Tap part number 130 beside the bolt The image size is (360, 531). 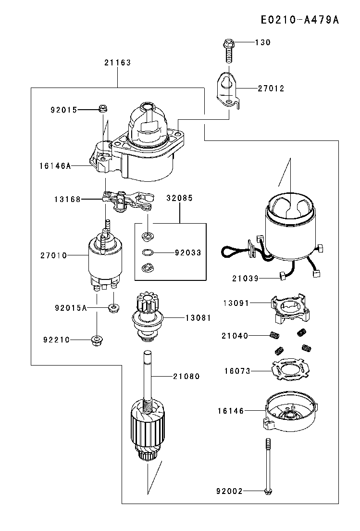[262, 42]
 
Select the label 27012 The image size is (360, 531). [271, 88]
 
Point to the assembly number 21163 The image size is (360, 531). [117, 63]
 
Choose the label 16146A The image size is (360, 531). [55, 166]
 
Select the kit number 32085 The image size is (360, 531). [180, 198]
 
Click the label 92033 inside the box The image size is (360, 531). [188, 252]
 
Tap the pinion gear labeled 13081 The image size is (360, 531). [149, 318]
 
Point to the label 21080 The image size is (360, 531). [186, 376]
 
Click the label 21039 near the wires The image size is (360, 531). [245, 278]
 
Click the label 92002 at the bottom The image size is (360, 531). [229, 491]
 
